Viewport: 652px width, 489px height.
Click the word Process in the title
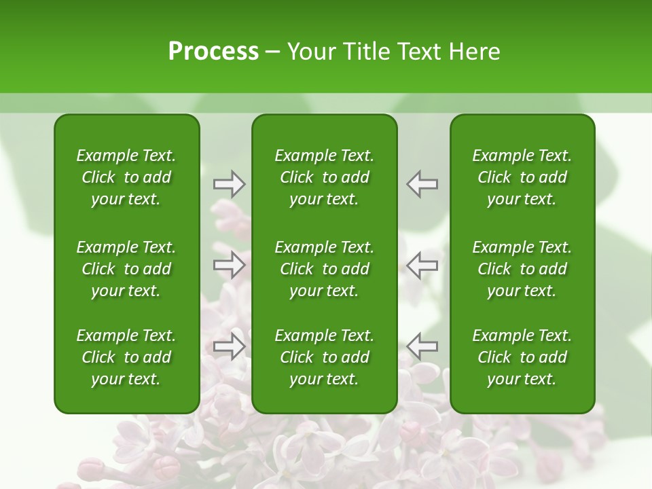pyautogui.click(x=213, y=52)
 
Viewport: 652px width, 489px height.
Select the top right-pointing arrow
pyautogui.click(x=229, y=184)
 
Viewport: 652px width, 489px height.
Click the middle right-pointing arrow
pyautogui.click(x=229, y=264)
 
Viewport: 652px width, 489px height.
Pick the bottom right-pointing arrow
pyautogui.click(x=229, y=346)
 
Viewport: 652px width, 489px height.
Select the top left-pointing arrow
pyautogui.click(x=422, y=184)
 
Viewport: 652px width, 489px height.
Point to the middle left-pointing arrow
pyautogui.click(x=422, y=264)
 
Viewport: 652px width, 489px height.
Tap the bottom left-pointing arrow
pyautogui.click(x=422, y=346)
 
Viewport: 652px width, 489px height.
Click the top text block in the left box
pyautogui.click(x=126, y=177)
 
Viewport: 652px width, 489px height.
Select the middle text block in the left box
pyautogui.click(x=126, y=269)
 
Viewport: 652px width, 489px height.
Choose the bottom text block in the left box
pyautogui.click(x=126, y=357)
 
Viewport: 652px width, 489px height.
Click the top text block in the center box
pyautogui.click(x=324, y=177)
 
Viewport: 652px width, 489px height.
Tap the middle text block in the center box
pyautogui.click(x=324, y=269)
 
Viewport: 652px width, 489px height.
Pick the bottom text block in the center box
pyautogui.click(x=324, y=357)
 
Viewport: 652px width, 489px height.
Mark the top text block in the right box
pyautogui.click(x=522, y=177)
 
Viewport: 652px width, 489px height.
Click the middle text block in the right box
pyautogui.click(x=522, y=269)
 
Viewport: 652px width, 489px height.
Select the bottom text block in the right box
pyautogui.click(x=522, y=357)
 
